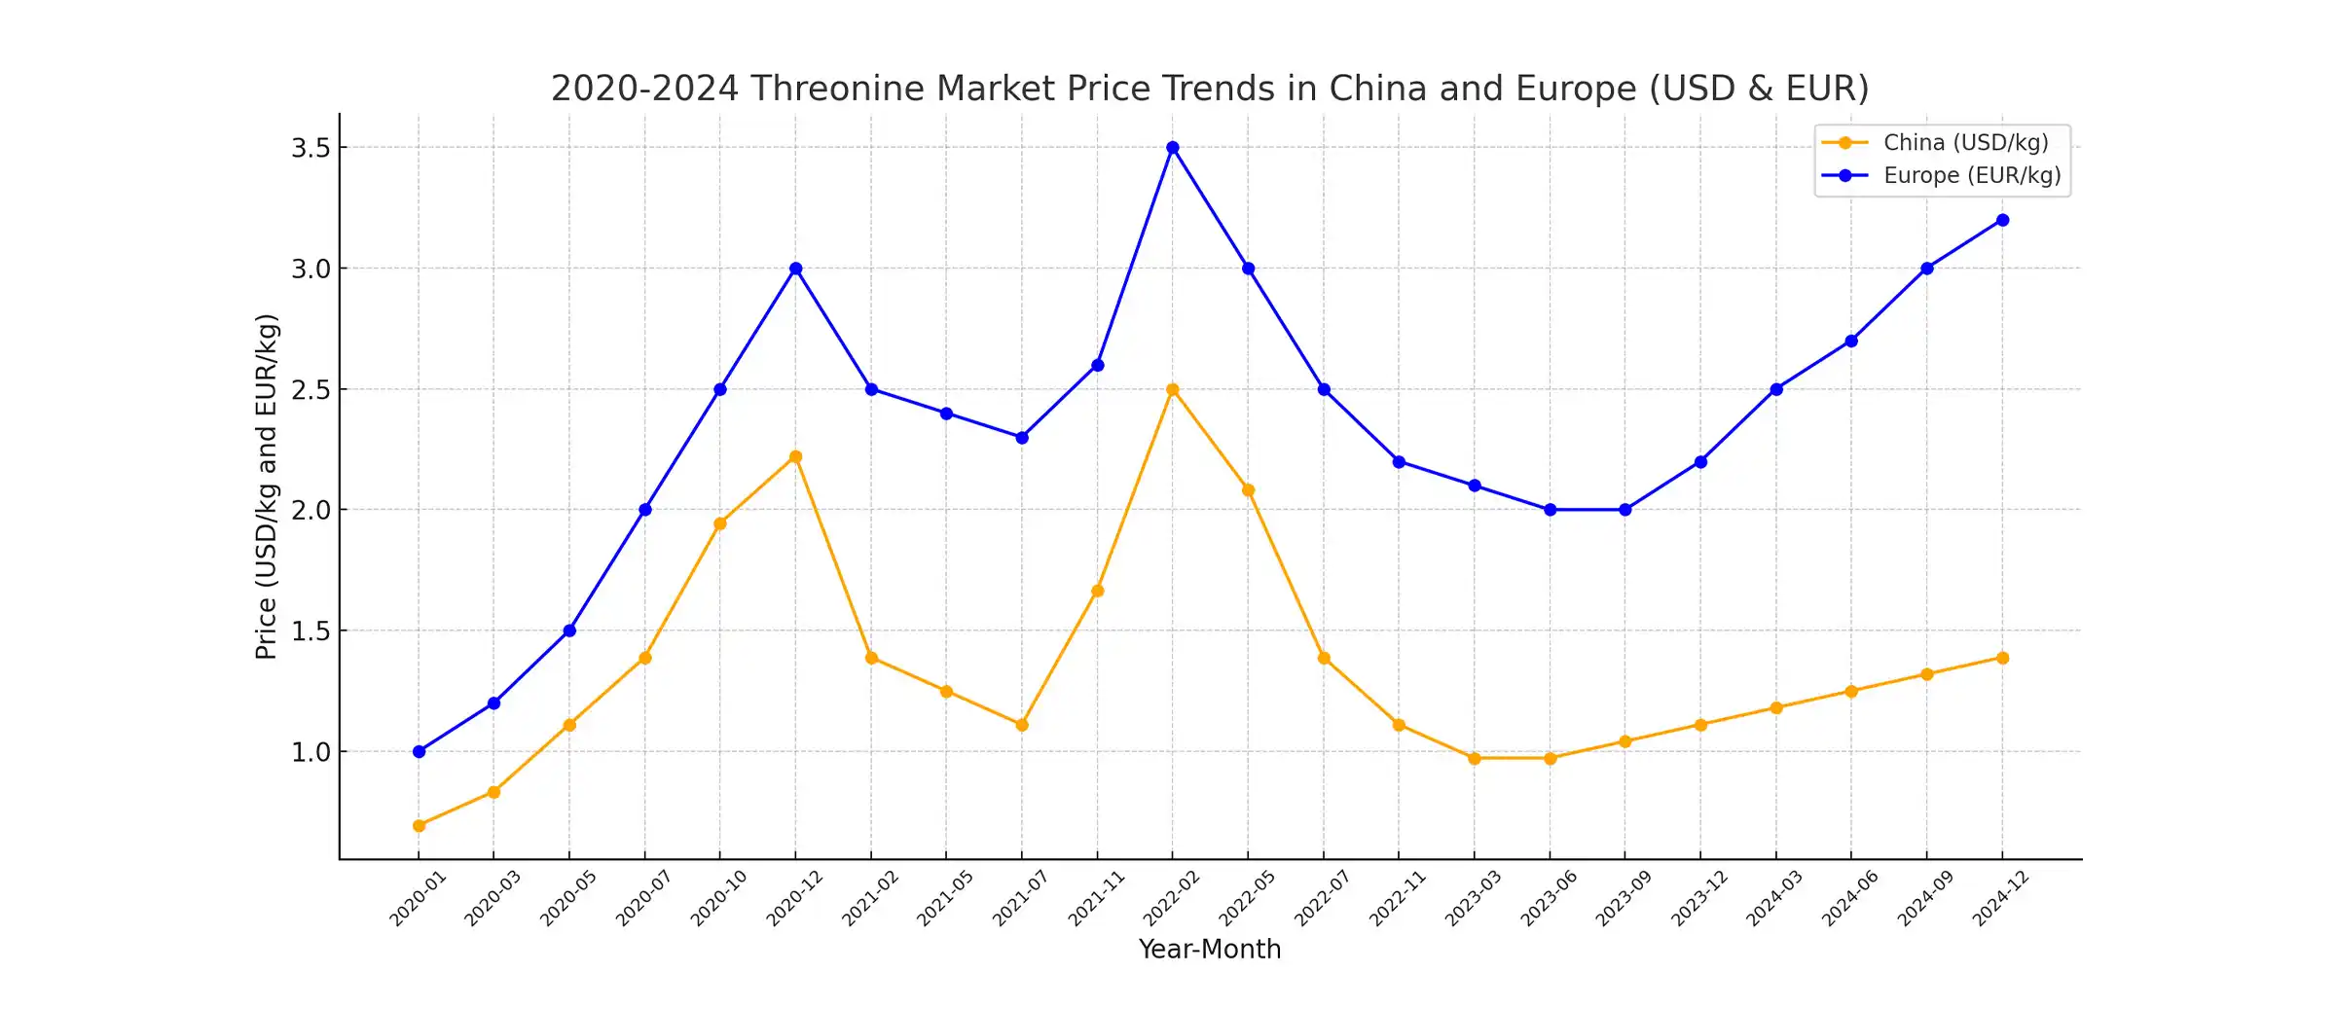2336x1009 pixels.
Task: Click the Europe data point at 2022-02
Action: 1173,148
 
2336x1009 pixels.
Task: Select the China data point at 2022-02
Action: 1173,389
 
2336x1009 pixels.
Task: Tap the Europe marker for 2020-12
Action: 796,269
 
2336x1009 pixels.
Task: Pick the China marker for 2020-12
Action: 796,456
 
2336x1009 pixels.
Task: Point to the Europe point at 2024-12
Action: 2002,220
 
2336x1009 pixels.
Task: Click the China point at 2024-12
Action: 2002,658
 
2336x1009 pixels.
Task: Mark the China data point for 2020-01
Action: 419,825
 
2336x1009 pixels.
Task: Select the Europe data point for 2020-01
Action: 419,751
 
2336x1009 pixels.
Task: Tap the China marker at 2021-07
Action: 1022,725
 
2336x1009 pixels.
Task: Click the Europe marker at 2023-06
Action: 1551,510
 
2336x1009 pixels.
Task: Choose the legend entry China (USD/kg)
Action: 1965,143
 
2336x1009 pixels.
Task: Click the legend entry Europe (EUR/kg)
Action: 1972,176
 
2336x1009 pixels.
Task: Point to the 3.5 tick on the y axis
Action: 310,148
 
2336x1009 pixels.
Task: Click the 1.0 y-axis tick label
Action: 310,752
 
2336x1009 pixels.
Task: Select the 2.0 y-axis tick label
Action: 310,510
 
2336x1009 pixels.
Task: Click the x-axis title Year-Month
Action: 1210,950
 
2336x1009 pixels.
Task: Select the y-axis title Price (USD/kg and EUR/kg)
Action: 266,486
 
